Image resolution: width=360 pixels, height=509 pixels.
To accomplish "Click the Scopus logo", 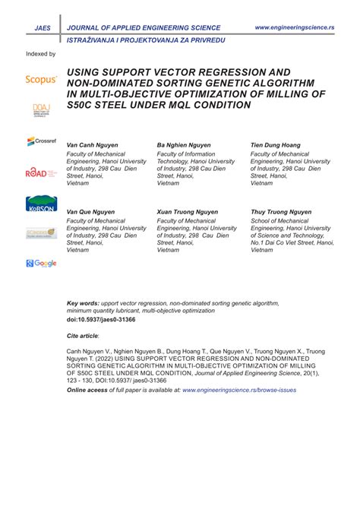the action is [x=41, y=78].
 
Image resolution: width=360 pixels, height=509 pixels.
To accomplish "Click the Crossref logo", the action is [x=41, y=141].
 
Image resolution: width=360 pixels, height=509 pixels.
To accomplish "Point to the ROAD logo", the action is [x=41, y=172].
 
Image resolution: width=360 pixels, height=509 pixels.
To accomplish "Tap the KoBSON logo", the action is [x=41, y=204].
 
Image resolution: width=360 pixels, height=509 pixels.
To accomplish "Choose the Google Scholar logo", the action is [x=41, y=263].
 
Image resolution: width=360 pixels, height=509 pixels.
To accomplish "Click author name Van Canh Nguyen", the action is [x=93, y=144].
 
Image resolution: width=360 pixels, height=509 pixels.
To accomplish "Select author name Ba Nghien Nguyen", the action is [x=185, y=144].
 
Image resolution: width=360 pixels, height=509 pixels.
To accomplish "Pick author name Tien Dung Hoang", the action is [x=275, y=144].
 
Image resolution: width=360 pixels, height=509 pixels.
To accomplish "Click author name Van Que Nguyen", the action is [x=92, y=212].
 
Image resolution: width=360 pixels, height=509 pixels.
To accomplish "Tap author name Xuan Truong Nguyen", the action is [x=187, y=212].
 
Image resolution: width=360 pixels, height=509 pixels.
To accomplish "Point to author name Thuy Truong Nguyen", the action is [x=280, y=212].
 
